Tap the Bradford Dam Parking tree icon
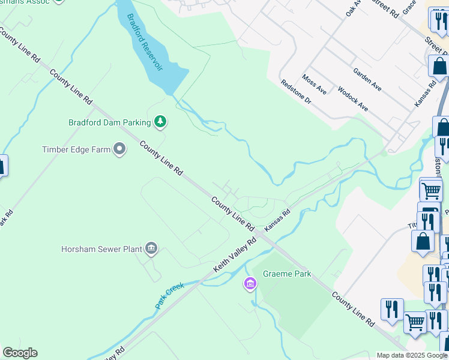pyautogui.click(x=160, y=122)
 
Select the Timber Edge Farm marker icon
pyautogui.click(x=119, y=149)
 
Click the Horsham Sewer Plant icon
pyautogui.click(x=151, y=248)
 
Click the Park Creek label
pyautogui.click(x=169, y=296)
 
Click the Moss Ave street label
pyautogui.click(x=315, y=85)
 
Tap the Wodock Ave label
pyautogui.click(x=352, y=98)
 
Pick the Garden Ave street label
pyautogui.click(x=367, y=79)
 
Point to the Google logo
pyautogui.click(x=20, y=353)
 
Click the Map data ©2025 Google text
pyautogui.click(x=412, y=355)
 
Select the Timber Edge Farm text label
pyautogui.click(x=76, y=149)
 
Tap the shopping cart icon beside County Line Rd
pyautogui.click(x=415, y=323)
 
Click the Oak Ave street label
pyautogui.click(x=353, y=10)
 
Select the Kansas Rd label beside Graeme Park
pyautogui.click(x=277, y=220)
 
